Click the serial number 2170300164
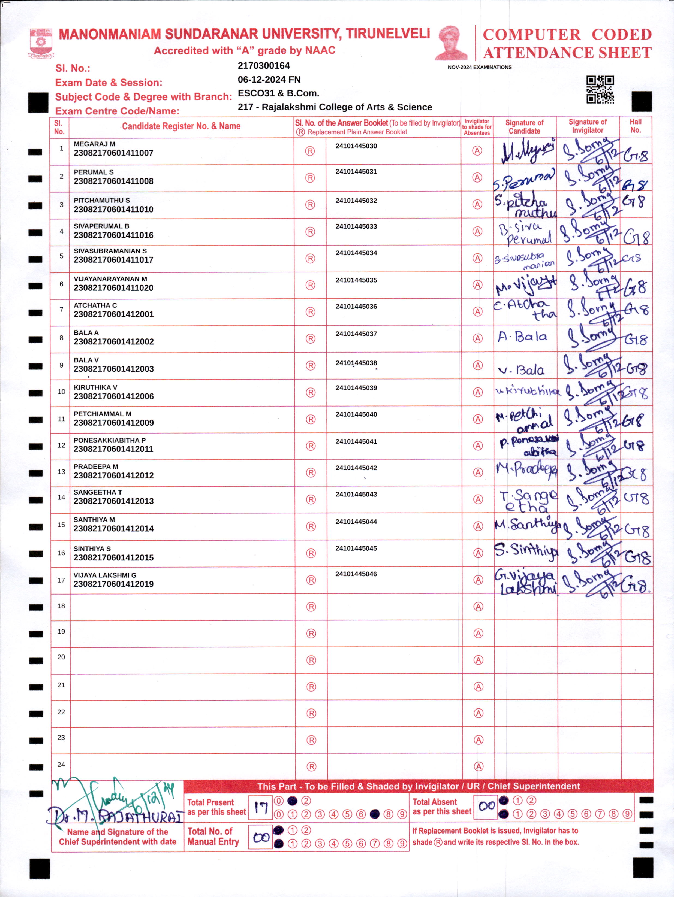pyautogui.click(x=264, y=66)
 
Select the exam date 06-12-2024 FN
pyautogui.click(x=269, y=80)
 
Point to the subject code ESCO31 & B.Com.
pyautogui.click(x=278, y=93)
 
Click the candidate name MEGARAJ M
pyautogui.click(x=95, y=144)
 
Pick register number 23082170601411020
pyautogui.click(x=114, y=288)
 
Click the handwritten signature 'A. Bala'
pyautogui.click(x=523, y=337)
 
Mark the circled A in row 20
pyautogui.click(x=479, y=660)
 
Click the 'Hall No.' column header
pyautogui.click(x=636, y=126)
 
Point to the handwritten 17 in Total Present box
pyautogui.click(x=260, y=809)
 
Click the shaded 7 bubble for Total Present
pyautogui.click(x=375, y=814)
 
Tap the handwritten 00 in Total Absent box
pyautogui.click(x=486, y=806)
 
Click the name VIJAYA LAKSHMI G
pyautogui.click(x=105, y=575)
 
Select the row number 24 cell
pyautogui.click(x=61, y=765)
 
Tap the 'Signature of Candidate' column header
pyautogui.click(x=524, y=126)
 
